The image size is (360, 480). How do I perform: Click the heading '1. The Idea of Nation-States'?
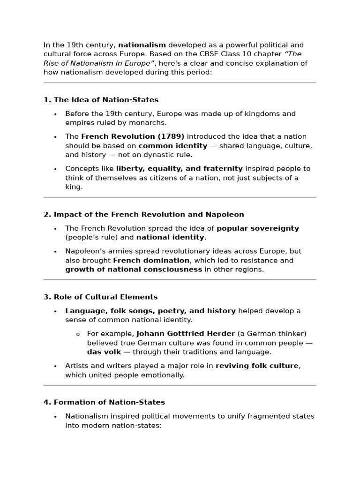coord(101,100)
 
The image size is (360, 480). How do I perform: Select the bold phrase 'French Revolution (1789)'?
coord(133,136)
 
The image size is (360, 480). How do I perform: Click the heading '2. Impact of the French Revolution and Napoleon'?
coord(144,215)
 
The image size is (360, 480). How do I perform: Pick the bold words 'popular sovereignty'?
coord(257,228)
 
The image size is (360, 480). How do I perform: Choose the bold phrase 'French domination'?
coord(151,260)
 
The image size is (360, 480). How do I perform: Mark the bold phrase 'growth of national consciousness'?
coord(134,270)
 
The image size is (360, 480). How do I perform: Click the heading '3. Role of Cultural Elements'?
coord(101,297)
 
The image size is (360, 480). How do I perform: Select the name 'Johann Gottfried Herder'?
coord(186,334)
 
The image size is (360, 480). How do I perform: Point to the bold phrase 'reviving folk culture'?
coord(257,366)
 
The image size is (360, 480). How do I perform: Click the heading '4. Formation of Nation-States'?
coord(104,402)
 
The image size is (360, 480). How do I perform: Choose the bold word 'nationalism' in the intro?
coord(142,45)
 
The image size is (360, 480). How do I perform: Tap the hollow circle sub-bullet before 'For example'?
coord(77,334)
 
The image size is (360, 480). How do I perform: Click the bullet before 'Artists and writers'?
coord(55,366)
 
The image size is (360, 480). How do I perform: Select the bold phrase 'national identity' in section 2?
coord(170,238)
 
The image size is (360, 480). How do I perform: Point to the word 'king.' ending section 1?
coord(74,187)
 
